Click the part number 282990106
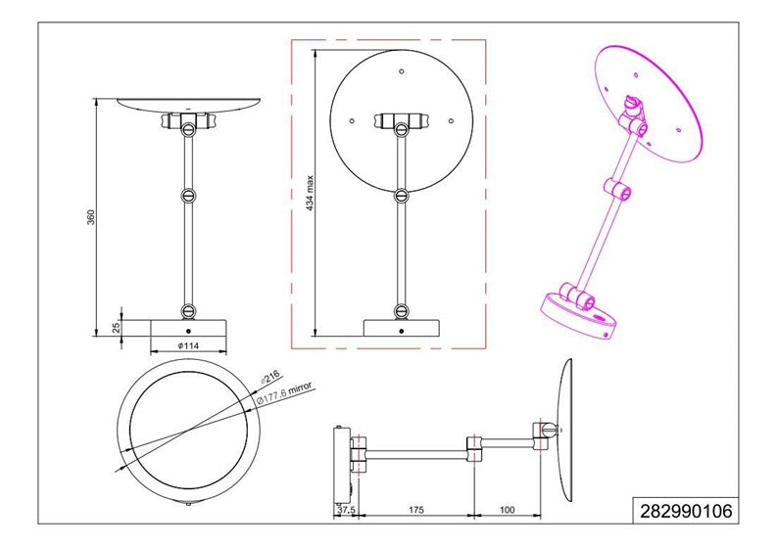coord(686,511)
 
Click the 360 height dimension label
coord(91,217)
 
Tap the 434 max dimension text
coord(310,193)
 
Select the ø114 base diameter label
coord(188,345)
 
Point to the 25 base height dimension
coord(117,327)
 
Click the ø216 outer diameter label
coord(269,377)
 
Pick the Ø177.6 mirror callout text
coord(284,393)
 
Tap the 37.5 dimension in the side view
coord(346,510)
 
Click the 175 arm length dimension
coord(415,510)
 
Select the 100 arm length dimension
coord(508,510)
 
